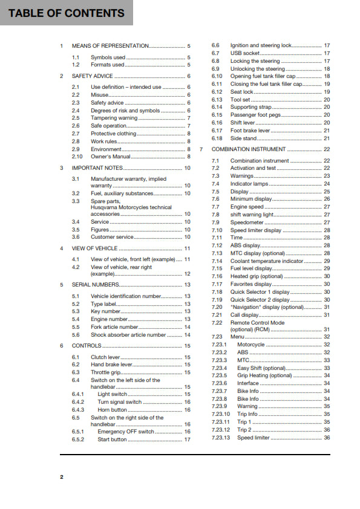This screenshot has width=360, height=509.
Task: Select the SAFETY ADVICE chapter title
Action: pos(92,76)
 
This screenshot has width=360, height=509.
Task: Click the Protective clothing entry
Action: pos(114,134)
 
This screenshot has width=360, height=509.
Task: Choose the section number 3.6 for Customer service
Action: pos(76,237)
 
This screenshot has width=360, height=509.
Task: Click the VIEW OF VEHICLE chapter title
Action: pos(94,248)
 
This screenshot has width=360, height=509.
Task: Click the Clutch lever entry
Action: pos(105,357)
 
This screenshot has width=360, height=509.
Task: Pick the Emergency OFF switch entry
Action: pos(126,432)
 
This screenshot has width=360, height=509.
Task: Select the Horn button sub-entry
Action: pos(113,410)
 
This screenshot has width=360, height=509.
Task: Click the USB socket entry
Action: pos(246,53)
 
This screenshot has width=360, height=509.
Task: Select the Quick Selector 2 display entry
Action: pos(260,299)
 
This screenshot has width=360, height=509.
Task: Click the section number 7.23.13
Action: pos(221,438)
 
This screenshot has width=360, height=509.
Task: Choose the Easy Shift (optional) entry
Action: pos(261,368)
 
